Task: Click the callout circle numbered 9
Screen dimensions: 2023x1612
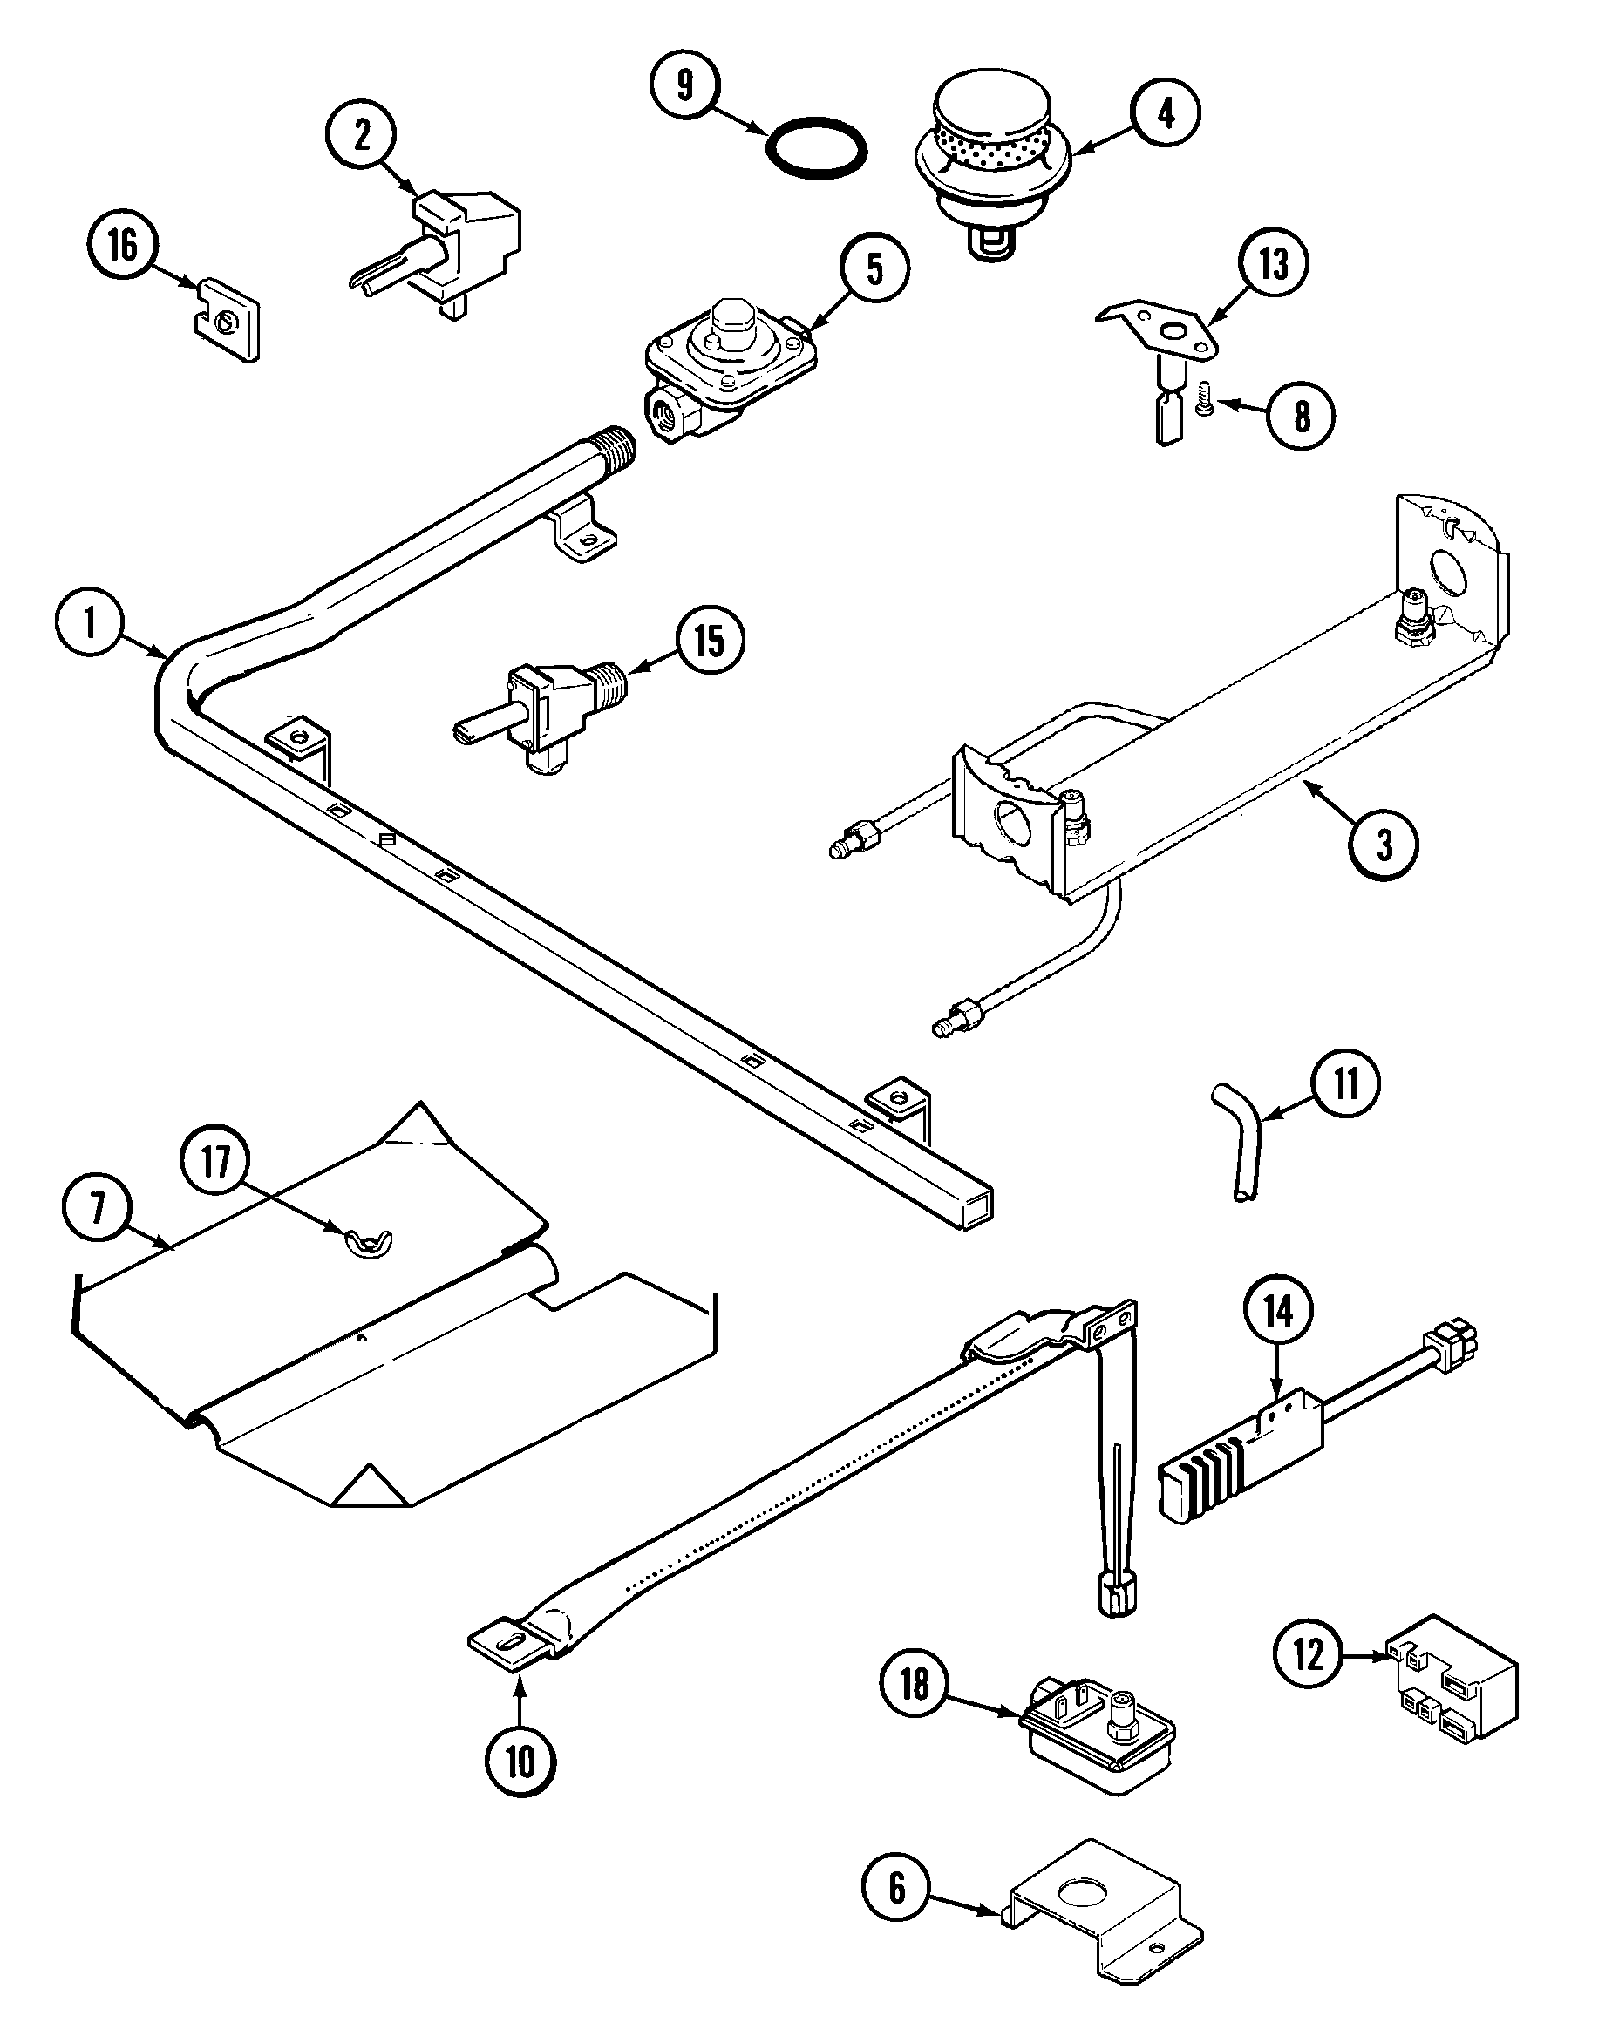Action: pyautogui.click(x=685, y=85)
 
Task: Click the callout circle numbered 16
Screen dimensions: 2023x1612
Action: pyautogui.click(x=123, y=245)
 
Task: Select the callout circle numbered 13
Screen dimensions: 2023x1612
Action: pyautogui.click(x=1273, y=264)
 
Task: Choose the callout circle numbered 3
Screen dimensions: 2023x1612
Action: pyautogui.click(x=1383, y=845)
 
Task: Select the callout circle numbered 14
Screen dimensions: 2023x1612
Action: pyautogui.click(x=1278, y=1312)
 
